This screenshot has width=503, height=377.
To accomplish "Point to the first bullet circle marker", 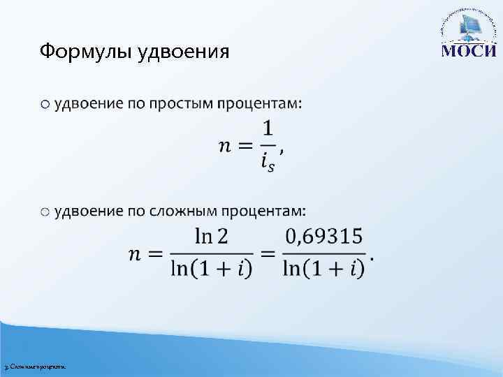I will (x=45, y=104).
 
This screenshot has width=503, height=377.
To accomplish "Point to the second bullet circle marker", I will (x=45, y=211).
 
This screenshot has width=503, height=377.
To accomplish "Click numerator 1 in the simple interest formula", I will (x=268, y=130).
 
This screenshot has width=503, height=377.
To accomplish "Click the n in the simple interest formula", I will (x=226, y=147).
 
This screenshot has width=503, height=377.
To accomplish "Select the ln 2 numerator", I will (x=212, y=237).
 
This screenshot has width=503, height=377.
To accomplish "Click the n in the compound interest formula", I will (x=137, y=254).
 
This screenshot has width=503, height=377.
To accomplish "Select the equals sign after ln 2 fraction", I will (x=268, y=254).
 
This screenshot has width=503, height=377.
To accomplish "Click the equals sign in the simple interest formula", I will (x=245, y=147).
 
